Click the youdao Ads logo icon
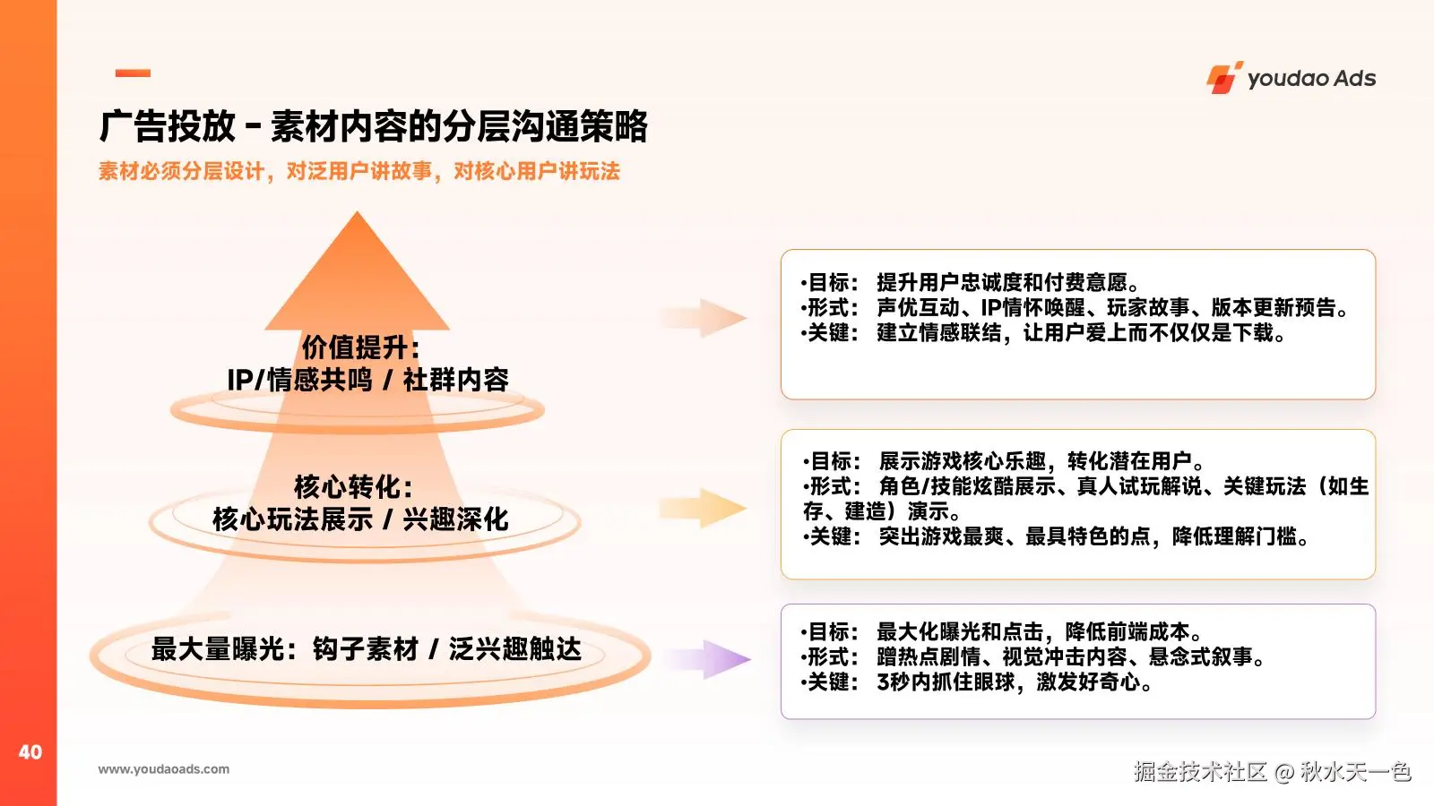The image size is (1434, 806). pyautogui.click(x=1223, y=78)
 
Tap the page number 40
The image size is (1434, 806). pyautogui.click(x=30, y=752)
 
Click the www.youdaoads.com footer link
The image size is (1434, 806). pyautogui.click(x=163, y=769)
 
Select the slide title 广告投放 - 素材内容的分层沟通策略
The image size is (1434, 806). pyautogui.click(x=373, y=126)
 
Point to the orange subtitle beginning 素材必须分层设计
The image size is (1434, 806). pyautogui.click(x=358, y=171)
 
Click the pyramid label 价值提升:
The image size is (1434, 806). pyautogui.click(x=360, y=347)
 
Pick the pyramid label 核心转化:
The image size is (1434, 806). pyautogui.click(x=353, y=487)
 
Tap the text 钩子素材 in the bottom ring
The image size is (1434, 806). pyautogui.click(x=365, y=649)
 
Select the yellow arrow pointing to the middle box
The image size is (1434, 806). pyautogui.click(x=708, y=509)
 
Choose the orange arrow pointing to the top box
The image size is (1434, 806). pyautogui.click(x=708, y=318)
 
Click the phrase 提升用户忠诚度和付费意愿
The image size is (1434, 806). pyautogui.click(x=1001, y=283)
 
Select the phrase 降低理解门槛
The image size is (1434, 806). pyautogui.click(x=1234, y=537)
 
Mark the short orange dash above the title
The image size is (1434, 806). pyautogui.click(x=133, y=73)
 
